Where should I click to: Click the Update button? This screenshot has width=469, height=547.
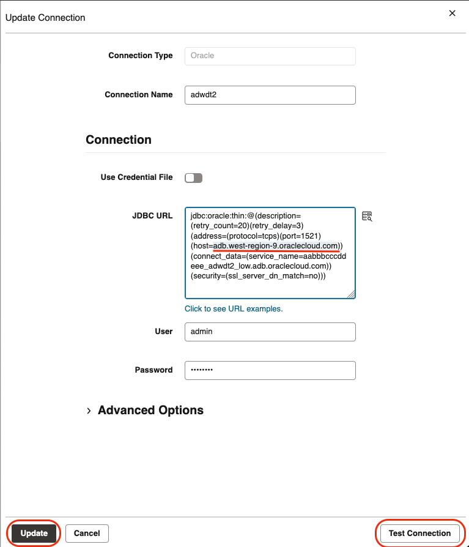pos(34,533)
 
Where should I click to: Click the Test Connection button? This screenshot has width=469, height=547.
pos(419,533)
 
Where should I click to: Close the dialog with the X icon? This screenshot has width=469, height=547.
pos(452,13)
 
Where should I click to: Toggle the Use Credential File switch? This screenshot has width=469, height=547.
pos(193,177)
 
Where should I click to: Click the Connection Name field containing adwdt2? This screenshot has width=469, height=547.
pos(270,95)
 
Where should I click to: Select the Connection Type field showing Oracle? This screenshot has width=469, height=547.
pos(270,56)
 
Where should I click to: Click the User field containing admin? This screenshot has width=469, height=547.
pos(270,331)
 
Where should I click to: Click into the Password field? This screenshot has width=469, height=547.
pos(270,370)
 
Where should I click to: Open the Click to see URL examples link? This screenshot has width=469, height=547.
pos(234,309)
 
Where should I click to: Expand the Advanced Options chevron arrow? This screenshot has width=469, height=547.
pos(89,411)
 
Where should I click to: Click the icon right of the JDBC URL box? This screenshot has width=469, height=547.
pos(367,216)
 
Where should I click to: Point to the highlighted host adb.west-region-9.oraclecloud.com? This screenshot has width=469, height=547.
pos(276,245)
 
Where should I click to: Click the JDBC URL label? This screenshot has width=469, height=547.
pos(152,215)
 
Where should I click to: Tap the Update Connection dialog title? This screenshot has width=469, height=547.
pos(45,17)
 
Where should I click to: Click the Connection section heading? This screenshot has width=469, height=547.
pos(119,140)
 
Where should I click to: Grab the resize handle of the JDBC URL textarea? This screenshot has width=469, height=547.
pos(351,294)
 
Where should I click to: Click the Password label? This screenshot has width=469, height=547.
pos(153,370)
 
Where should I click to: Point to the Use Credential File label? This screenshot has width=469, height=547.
pos(136,177)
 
